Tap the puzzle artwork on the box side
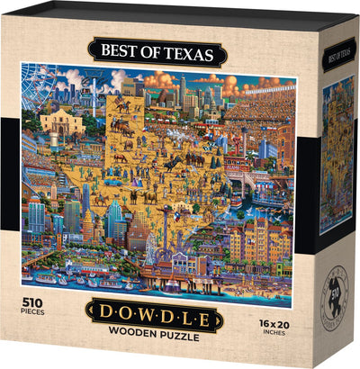(337, 153)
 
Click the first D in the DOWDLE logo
(102, 316)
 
